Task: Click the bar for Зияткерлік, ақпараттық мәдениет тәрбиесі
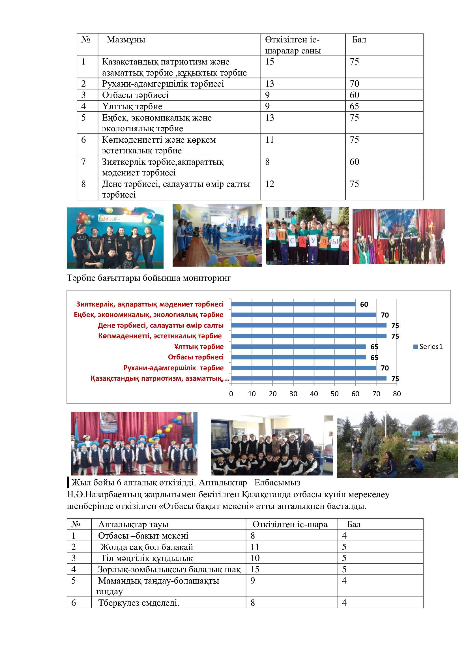[293, 304]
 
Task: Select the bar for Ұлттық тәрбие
[298, 347]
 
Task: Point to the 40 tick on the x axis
[314, 394]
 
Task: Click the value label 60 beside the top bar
[364, 305]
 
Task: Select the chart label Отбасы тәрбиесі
[196, 357]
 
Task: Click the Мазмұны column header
[126, 40]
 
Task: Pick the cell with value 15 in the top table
[270, 62]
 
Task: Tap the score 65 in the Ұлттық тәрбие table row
[354, 106]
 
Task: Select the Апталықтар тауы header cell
[133, 524]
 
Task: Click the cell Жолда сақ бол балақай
[147, 547]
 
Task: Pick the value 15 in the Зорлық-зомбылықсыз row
[255, 569]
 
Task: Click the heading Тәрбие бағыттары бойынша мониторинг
[149, 278]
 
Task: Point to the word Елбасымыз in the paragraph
[277, 482]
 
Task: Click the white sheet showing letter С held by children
[292, 241]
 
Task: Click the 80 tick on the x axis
[397, 394]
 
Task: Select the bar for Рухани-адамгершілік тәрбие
[303, 368]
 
